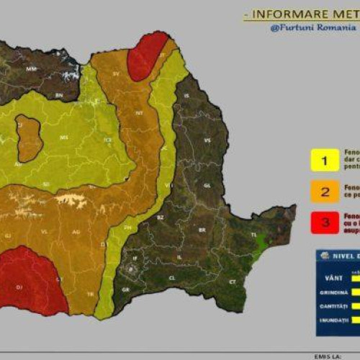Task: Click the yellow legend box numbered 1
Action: coord(325,161)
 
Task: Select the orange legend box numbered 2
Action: coord(325,192)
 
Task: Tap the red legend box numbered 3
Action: coord(325,223)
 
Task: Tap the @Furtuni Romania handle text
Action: coord(312,28)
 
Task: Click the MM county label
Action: coord(31,69)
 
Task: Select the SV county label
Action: coord(116,73)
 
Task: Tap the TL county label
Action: coord(253,235)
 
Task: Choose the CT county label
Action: coord(232,282)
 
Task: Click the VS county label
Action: coord(207,140)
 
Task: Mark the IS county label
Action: coord(186,95)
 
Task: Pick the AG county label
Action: coord(76,232)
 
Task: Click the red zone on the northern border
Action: coord(146,56)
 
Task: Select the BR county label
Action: coord(202,230)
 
